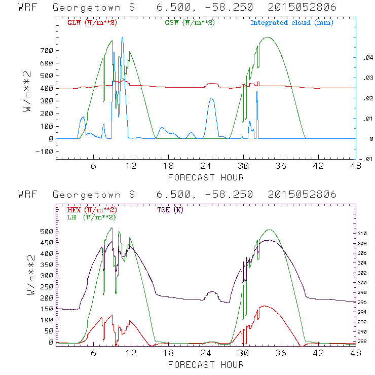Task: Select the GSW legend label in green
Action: pos(188,22)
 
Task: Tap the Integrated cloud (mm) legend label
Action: pos(292,22)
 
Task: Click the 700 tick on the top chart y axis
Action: pos(48,51)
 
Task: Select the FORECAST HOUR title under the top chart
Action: pos(206,177)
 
